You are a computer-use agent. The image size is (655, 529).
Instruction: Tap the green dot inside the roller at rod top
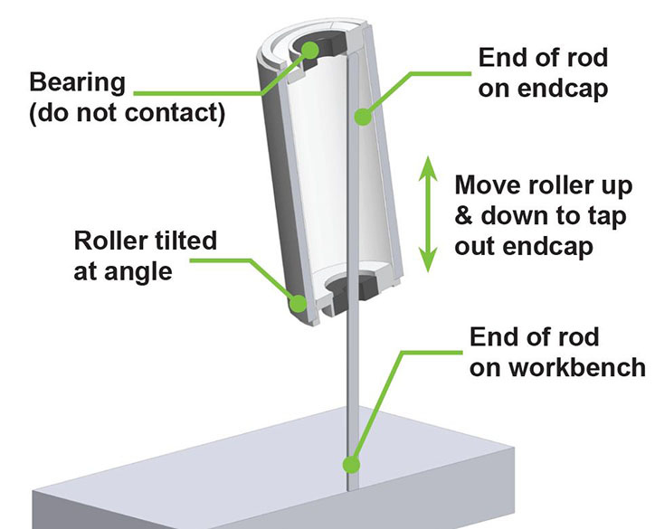(x=363, y=117)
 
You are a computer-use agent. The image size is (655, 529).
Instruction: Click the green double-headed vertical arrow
(x=430, y=213)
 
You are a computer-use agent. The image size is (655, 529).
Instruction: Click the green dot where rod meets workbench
(x=347, y=466)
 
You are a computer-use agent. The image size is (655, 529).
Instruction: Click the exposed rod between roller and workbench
(x=350, y=389)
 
